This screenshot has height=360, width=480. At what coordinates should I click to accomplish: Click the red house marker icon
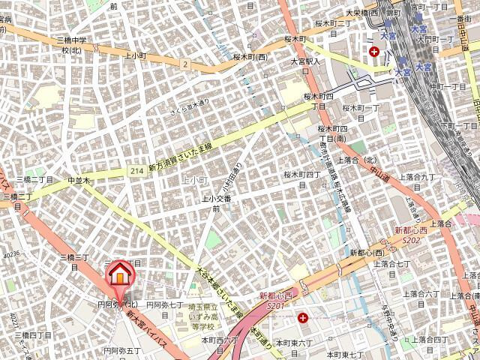pyautogui.click(x=118, y=275)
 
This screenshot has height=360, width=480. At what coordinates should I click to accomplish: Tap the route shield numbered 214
pyautogui.click(x=135, y=172)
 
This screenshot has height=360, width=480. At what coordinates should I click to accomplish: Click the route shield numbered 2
pyautogui.click(x=184, y=64)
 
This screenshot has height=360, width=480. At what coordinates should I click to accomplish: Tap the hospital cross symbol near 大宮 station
pyautogui.click(x=374, y=52)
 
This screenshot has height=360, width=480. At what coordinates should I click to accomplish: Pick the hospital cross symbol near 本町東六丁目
pyautogui.click(x=302, y=318)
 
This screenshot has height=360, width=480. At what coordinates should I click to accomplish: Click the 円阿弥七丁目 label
pyautogui.click(x=164, y=305)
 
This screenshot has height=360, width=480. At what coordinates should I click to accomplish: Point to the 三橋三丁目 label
pyautogui.click(x=74, y=257)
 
